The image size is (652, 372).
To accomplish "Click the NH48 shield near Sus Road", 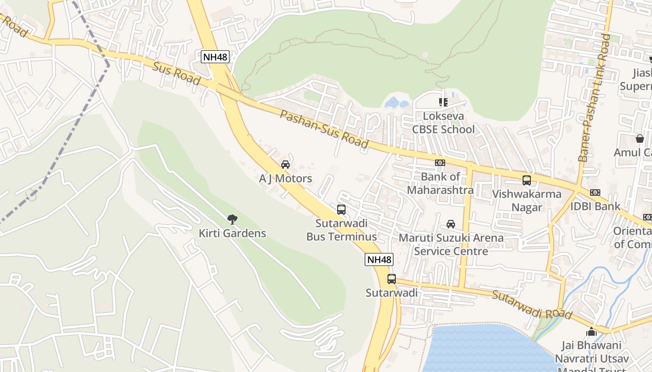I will [215, 57].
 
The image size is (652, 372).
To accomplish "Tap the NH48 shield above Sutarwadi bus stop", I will [379, 259].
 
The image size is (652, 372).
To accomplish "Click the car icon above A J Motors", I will [285, 165].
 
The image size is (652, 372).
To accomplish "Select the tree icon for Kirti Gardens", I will [232, 219].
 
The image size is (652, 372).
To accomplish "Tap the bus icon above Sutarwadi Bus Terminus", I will [341, 209].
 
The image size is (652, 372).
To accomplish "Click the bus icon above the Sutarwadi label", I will [392, 279].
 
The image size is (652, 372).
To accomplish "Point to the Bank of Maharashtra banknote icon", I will [440, 163].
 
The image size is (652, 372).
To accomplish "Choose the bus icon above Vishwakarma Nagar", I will [527, 180].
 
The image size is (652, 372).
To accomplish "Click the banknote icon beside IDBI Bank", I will [595, 193].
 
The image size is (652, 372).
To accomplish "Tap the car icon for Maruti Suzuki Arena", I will [451, 224].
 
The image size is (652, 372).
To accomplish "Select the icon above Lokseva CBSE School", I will [443, 102].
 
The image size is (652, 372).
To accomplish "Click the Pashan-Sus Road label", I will [324, 129].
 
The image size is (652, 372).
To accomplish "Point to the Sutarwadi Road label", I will [532, 305].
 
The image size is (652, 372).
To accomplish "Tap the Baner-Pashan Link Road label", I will [594, 98].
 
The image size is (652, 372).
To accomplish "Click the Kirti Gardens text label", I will [232, 233].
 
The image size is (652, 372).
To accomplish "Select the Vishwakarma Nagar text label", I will [527, 200].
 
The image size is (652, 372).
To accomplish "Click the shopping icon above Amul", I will [639, 139].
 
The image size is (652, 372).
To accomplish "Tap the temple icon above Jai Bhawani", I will [591, 332].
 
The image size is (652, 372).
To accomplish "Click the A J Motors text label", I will [285, 179].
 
